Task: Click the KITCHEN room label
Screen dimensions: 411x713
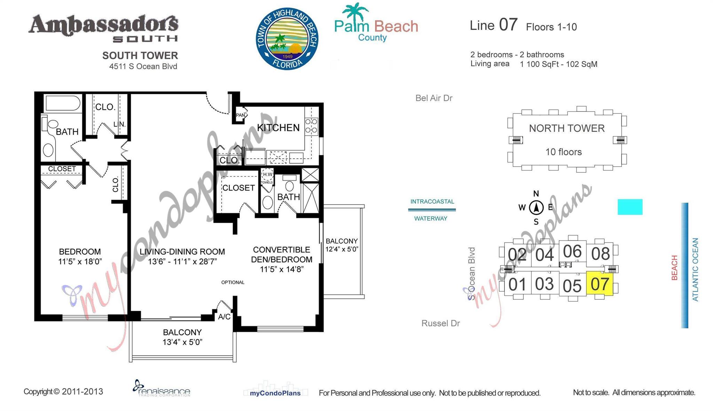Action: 278,128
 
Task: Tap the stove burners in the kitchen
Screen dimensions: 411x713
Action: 311,126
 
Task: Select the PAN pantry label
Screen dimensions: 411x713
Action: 240,115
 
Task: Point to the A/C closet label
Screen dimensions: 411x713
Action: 224,317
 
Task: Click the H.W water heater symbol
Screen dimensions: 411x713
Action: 267,174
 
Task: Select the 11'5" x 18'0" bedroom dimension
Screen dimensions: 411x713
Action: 80,261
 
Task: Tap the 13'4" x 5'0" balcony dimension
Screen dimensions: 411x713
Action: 182,342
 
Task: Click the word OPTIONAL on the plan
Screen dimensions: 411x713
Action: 233,282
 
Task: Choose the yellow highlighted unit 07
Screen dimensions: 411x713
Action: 600,284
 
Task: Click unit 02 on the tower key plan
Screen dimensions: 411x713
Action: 517,254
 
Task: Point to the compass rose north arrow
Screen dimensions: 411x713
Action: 536,208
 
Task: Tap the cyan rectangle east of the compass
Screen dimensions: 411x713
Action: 630,207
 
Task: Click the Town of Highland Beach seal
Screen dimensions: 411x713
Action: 287,39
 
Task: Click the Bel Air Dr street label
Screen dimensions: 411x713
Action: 434,98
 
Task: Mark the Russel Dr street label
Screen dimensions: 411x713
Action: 440,323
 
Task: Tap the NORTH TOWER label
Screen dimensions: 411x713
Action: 566,128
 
